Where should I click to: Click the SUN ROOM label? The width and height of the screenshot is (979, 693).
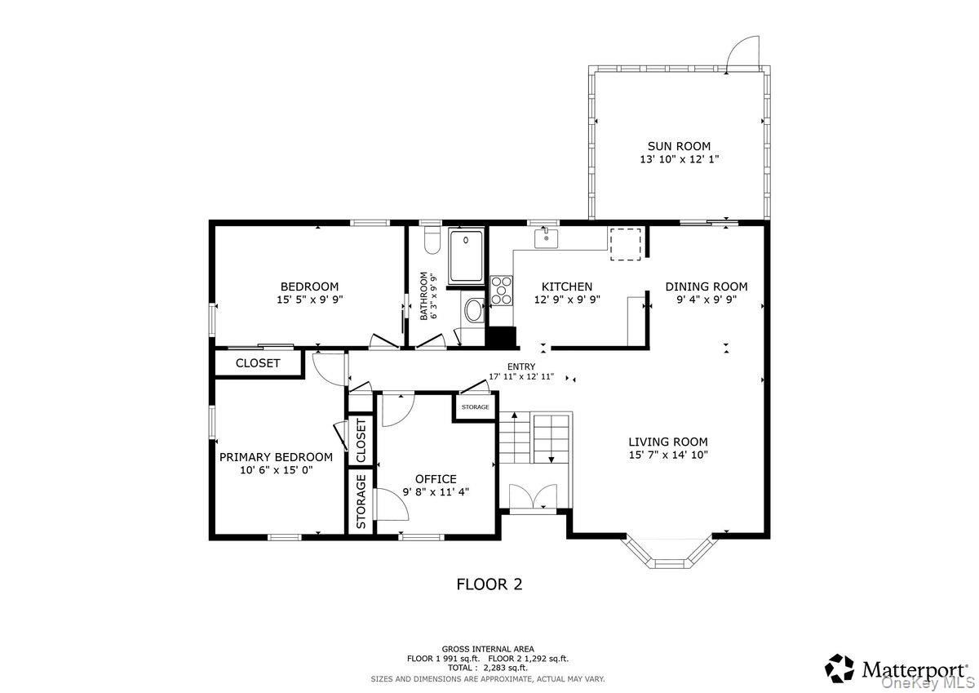coord(679,146)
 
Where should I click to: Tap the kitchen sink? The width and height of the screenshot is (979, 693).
coord(546,238)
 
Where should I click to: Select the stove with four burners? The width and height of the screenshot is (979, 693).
coord(501,290)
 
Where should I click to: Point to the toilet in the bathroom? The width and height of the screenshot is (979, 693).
coord(432,241)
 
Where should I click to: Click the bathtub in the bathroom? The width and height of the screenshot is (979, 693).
coord(467,256)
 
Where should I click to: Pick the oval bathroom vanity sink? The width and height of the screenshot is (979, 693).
coord(473,310)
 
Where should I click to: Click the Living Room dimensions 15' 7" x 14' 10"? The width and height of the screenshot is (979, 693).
coord(668,455)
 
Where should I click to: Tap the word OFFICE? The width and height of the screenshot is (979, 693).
coord(436,479)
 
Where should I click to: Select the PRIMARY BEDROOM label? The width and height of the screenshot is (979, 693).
coord(276,457)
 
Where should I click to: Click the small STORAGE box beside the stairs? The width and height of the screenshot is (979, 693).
coord(475,407)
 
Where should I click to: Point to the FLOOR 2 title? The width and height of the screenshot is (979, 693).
coord(489,584)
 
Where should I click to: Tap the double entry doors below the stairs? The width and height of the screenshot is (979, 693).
coord(534,496)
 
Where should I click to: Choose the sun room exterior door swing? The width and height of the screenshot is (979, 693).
coord(742,53)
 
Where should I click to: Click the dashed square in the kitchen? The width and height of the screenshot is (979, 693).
coord(626,244)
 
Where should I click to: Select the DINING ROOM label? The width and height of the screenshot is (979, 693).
coord(707,287)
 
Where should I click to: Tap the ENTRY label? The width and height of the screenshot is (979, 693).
coord(521,366)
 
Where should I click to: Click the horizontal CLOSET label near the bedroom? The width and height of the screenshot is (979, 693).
coord(258,363)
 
